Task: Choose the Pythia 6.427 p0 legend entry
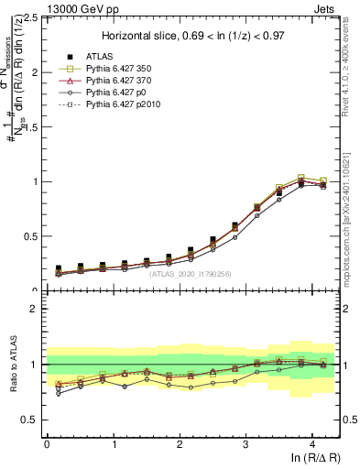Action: point(109,92)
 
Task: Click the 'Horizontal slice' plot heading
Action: point(192,36)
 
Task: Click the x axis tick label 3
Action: point(245,444)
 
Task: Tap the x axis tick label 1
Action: point(113,444)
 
